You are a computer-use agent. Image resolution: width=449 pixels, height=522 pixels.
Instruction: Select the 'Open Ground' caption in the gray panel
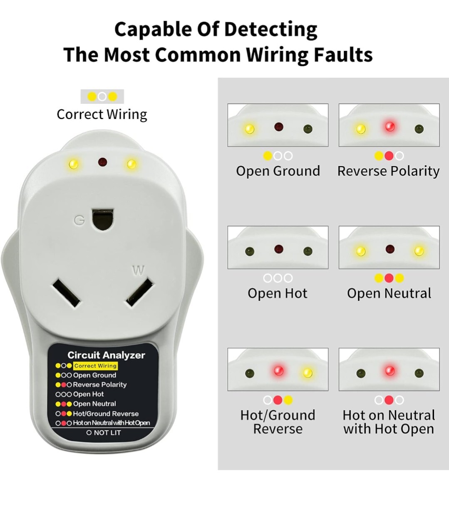pyautogui.click(x=278, y=171)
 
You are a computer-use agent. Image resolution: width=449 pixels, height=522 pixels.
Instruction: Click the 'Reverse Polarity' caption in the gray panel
pyautogui.click(x=388, y=171)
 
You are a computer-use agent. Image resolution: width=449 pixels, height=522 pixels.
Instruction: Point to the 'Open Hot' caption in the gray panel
pyautogui.click(x=278, y=293)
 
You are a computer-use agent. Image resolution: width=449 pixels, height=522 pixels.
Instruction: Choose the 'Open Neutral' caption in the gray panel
pyautogui.click(x=389, y=293)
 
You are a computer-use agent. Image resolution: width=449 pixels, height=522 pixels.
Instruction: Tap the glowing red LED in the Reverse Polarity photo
pyautogui.click(x=390, y=126)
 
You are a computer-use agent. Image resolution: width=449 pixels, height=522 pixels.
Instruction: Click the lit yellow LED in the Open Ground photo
pyautogui.click(x=249, y=129)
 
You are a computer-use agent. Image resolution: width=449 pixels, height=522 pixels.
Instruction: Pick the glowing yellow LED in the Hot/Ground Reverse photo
pyautogui.click(x=308, y=373)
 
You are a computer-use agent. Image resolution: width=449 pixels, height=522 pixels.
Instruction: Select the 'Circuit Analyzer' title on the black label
pyautogui.click(x=106, y=355)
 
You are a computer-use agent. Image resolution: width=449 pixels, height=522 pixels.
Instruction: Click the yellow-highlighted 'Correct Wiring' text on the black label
pyautogui.click(x=95, y=366)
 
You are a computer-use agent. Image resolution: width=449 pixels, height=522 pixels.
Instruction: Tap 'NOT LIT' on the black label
pyautogui.click(x=107, y=433)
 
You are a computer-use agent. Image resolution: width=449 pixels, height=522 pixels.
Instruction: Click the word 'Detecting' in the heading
pyautogui.click(x=270, y=30)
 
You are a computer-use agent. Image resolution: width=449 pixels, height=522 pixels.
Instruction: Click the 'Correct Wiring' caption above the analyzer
pyautogui.click(x=102, y=114)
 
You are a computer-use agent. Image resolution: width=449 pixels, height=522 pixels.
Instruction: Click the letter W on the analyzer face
pyautogui.click(x=138, y=271)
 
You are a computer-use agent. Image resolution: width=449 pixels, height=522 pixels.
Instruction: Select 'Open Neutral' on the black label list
pyautogui.click(x=94, y=404)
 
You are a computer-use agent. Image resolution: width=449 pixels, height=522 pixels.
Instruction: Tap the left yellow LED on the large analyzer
pyautogui.click(x=74, y=164)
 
